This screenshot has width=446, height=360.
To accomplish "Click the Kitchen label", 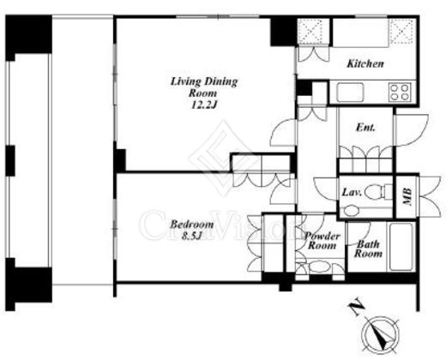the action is [x=365, y=63].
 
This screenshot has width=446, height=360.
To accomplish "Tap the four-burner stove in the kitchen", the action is [x=400, y=92].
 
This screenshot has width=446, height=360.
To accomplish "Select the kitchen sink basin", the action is [x=350, y=93].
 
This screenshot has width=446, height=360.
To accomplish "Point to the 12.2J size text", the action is [x=204, y=105].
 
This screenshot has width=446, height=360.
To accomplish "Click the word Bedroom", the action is [x=192, y=225].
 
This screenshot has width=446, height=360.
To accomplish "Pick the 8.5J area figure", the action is [x=192, y=236].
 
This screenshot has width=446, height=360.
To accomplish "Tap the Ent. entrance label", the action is [x=365, y=128].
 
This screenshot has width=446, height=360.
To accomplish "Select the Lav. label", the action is [x=352, y=192].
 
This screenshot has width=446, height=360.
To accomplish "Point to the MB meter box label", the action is [x=407, y=196].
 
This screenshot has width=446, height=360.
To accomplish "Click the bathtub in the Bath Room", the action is [x=401, y=247].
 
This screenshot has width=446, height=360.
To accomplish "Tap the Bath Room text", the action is [x=368, y=249].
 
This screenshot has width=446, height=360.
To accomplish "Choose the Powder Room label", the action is [x=322, y=241].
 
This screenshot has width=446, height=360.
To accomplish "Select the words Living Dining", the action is [x=204, y=81].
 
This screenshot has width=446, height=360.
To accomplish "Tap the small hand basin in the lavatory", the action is [x=351, y=211].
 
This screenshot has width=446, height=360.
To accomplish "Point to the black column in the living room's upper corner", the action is [x=284, y=32].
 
